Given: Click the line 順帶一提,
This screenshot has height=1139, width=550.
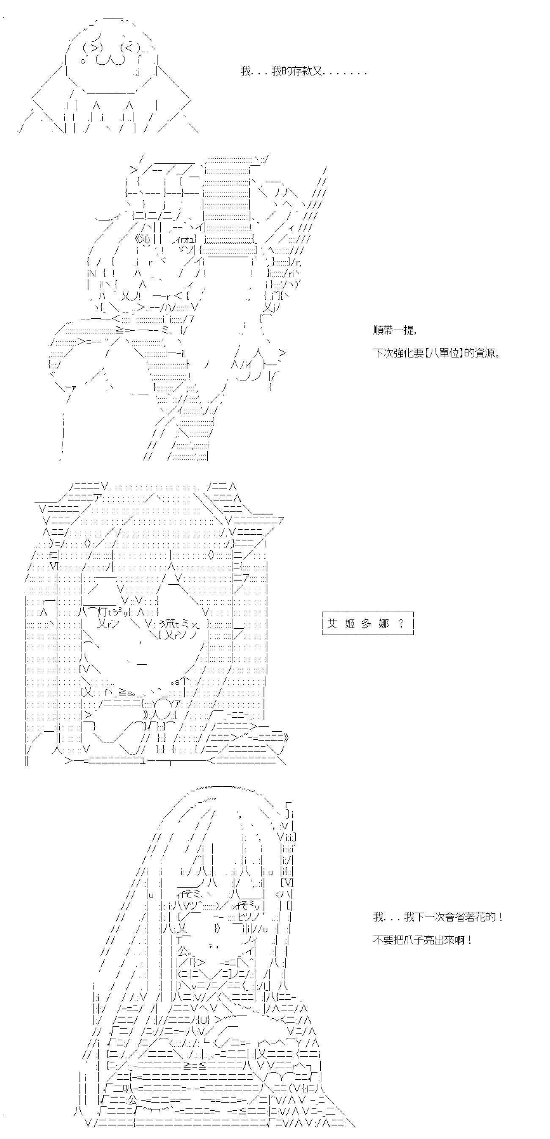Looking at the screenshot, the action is [x=394, y=330].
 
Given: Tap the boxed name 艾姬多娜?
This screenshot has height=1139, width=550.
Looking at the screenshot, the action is [x=368, y=623].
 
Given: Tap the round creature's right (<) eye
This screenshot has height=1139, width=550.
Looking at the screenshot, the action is [x=131, y=47].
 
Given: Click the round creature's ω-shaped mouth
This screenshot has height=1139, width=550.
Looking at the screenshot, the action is [x=111, y=60].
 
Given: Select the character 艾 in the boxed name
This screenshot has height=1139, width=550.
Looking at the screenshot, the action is [x=332, y=623].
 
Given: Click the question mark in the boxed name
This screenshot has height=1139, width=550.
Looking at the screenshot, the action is [x=401, y=623].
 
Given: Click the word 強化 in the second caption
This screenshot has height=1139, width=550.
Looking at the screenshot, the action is [x=404, y=353].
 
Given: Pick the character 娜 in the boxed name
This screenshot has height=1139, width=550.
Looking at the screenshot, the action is [x=383, y=623].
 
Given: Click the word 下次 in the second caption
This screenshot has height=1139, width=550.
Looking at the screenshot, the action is [x=383, y=353].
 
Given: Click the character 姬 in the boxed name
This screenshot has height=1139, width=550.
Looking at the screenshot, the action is [x=349, y=623].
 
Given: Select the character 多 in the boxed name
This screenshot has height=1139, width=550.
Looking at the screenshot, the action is [x=366, y=623].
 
